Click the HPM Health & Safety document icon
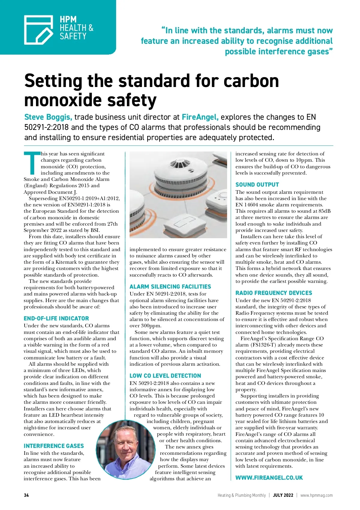click(x=38, y=30)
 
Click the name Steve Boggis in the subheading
click(x=48, y=117)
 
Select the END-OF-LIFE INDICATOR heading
click(x=56, y=318)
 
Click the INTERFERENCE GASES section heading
click(x=54, y=446)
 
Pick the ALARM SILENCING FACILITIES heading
click(x=170, y=286)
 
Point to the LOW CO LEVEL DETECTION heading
click(x=165, y=376)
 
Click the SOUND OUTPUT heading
click(x=257, y=184)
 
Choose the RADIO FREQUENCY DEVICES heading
click(x=274, y=293)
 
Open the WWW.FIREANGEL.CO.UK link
click(x=269, y=478)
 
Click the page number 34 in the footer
click(x=26, y=495)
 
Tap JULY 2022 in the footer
click(x=283, y=495)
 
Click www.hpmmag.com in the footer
click(x=316, y=495)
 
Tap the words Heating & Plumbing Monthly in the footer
click(x=241, y=495)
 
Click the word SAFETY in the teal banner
click(x=73, y=37)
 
